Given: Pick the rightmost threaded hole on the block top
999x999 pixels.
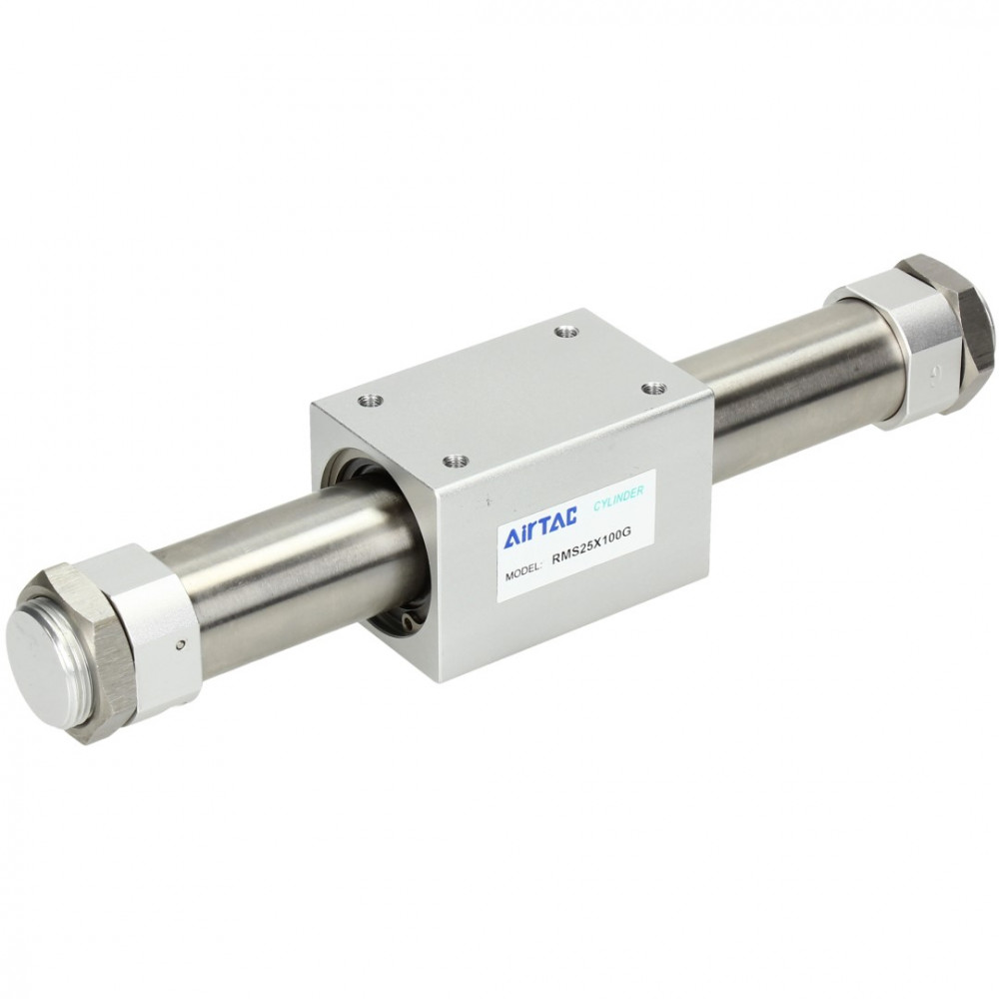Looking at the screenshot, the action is [651, 388].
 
